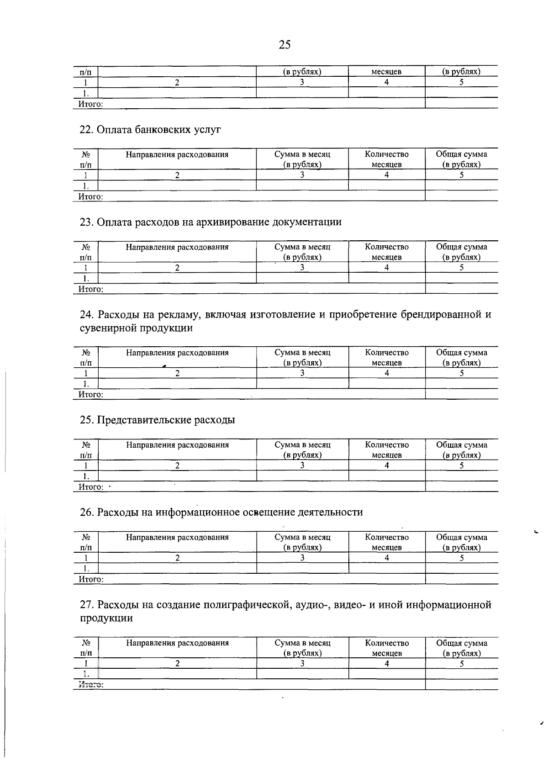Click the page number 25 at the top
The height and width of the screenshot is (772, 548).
(284, 45)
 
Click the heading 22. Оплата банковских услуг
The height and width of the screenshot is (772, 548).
(150, 130)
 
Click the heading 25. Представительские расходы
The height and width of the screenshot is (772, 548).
(157, 420)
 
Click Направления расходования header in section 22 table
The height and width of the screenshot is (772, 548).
(177, 154)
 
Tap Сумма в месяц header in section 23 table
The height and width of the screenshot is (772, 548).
(302, 252)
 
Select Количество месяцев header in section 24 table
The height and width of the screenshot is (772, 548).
(387, 357)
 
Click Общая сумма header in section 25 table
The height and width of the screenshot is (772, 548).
(462, 449)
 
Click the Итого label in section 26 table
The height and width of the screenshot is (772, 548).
(91, 579)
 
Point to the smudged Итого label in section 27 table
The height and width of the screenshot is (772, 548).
(91, 685)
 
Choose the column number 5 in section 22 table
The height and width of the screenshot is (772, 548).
(462, 175)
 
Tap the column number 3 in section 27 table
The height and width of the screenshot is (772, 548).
(302, 663)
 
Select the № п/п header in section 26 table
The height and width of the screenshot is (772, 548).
(86, 542)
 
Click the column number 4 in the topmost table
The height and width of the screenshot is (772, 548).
(387, 83)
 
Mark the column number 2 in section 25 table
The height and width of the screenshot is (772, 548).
(177, 465)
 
